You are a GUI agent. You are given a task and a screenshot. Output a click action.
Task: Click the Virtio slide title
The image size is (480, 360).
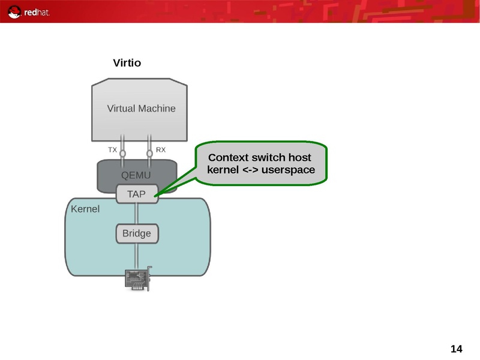tap(127, 63)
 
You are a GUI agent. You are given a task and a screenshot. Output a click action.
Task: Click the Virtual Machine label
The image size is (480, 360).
tap(141, 109)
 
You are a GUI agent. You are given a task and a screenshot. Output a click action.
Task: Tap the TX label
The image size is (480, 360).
tap(112, 149)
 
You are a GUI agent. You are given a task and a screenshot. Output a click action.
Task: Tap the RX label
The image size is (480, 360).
tap(161, 149)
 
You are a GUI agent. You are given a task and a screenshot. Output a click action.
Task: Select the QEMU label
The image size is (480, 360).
tap(136, 175)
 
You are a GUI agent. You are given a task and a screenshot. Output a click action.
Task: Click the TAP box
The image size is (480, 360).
tap(137, 194)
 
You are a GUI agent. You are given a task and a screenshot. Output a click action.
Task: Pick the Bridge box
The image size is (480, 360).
tap(137, 233)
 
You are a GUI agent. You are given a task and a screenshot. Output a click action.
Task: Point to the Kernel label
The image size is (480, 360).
tap(85, 209)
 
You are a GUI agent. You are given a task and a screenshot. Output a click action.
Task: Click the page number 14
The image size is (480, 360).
tap(456, 349)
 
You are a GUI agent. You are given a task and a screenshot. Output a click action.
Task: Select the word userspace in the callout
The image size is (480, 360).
tap(289, 170)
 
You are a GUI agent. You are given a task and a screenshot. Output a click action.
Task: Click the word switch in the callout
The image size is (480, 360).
tap(268, 158)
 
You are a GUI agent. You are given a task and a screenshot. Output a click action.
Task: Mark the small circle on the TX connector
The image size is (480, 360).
tap(123, 154)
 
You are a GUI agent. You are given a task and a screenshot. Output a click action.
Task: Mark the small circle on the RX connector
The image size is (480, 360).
tap(149, 154)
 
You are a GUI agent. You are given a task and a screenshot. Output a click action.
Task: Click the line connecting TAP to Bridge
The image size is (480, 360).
tap(137, 214)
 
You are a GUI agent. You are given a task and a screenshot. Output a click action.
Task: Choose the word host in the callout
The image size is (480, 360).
tap(299, 158)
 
